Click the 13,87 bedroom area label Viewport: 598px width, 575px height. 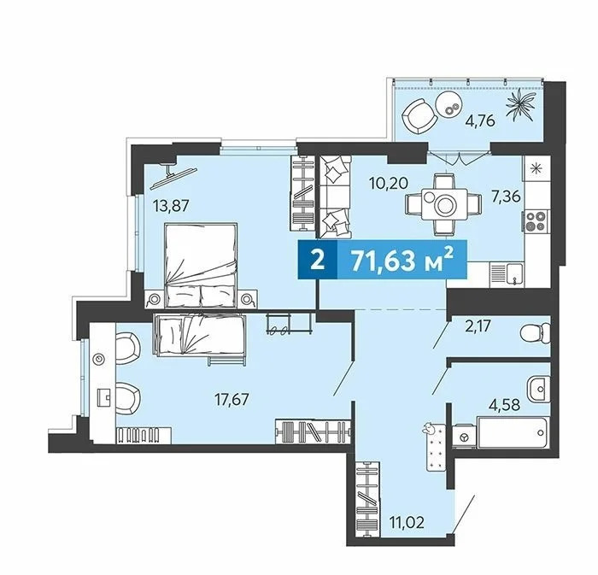point(171,206)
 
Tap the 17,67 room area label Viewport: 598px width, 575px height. point(232,400)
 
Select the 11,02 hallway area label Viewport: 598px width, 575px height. point(406,522)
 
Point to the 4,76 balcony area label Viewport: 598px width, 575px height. point(480,120)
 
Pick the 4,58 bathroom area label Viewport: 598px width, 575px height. point(505,405)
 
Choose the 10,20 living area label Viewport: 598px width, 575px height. point(389,184)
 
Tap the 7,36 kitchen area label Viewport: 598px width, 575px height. point(506,197)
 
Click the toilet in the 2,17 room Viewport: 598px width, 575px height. point(536,334)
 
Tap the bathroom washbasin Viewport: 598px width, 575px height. point(539,389)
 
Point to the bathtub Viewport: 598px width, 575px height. point(513,433)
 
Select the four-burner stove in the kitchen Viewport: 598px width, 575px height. point(535,221)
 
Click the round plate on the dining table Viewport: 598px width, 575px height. point(445,206)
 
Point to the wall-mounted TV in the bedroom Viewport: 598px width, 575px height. point(173,176)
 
